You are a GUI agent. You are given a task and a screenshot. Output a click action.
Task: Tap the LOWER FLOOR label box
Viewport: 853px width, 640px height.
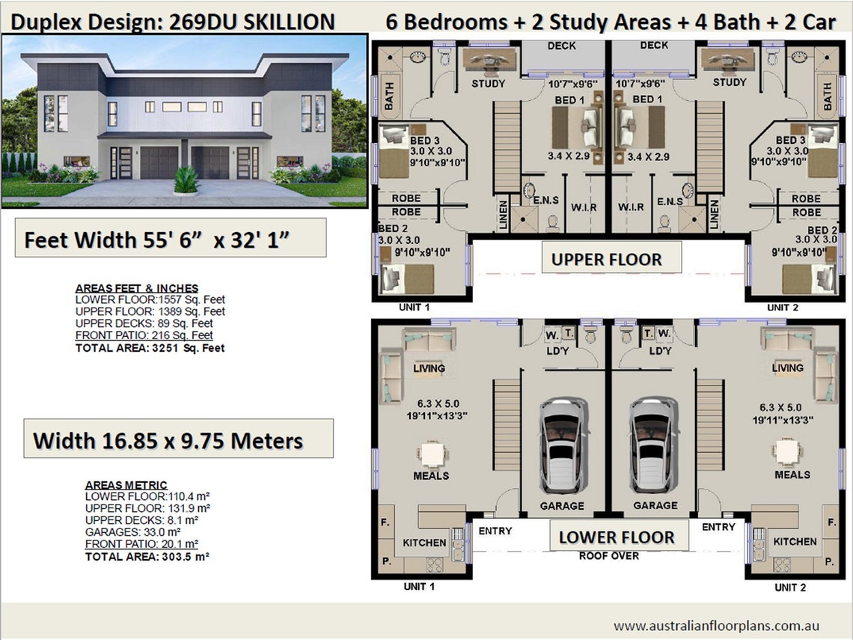[x=616, y=537]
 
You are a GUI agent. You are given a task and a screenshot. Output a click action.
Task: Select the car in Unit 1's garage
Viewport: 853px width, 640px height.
[x=562, y=445]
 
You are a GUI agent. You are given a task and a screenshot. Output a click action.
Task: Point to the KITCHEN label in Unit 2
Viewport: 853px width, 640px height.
[x=795, y=541]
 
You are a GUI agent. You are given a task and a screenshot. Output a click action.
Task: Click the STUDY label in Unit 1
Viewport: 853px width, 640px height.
[x=488, y=83]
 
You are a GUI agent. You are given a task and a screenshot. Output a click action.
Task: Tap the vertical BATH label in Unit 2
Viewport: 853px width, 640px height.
[x=828, y=97]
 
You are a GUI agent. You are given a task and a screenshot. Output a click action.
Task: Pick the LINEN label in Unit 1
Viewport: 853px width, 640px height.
[x=503, y=214]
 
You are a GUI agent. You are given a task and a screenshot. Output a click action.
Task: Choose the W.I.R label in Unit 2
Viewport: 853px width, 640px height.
[x=630, y=207]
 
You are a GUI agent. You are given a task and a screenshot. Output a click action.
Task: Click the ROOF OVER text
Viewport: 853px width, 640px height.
[x=609, y=556]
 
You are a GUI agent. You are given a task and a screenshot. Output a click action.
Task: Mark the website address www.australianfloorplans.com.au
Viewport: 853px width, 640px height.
[x=716, y=625]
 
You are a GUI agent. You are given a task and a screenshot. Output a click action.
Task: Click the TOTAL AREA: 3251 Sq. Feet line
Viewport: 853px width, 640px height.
[x=150, y=348]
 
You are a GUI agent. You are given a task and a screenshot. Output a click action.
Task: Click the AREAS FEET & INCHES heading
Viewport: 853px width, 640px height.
[x=137, y=288]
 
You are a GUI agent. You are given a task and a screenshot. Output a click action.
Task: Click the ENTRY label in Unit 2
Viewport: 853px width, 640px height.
[x=718, y=527]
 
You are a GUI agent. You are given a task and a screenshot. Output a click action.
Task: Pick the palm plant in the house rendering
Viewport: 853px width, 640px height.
[x=186, y=179]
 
